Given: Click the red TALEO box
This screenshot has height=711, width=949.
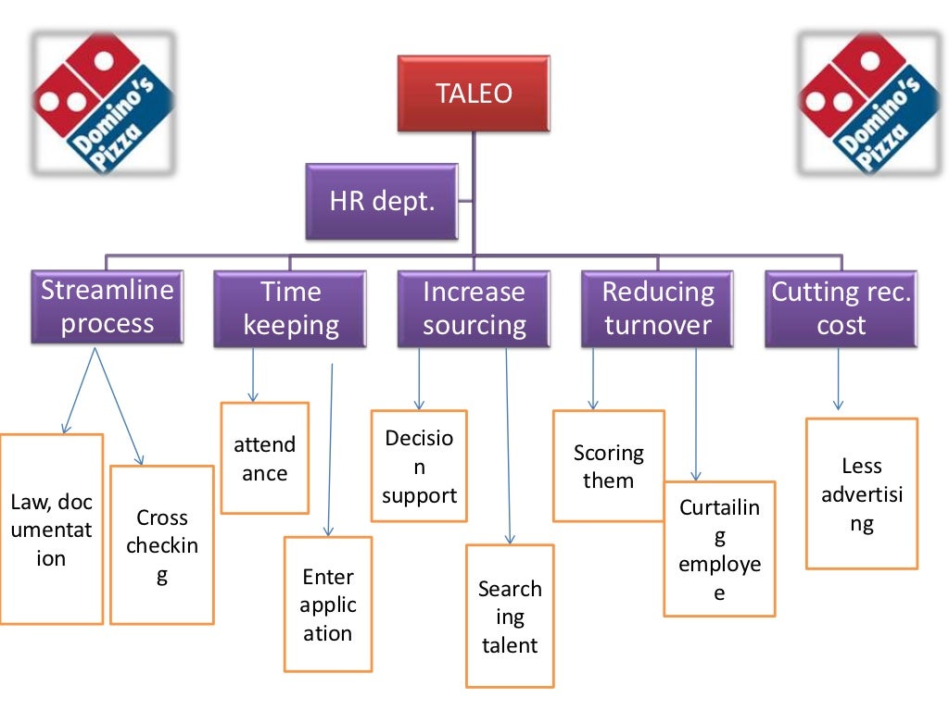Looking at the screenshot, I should coord(474,93).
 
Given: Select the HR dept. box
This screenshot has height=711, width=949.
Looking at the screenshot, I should coord(382,201).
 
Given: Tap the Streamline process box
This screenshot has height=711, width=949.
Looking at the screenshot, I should coord(107,307).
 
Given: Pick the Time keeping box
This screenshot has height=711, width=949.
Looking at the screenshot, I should coord(290,308).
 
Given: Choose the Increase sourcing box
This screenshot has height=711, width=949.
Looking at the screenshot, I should coord(474,308).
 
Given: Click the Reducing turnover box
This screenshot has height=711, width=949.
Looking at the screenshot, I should coord(658,308).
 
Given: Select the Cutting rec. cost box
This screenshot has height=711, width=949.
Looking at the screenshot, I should coord(841,308).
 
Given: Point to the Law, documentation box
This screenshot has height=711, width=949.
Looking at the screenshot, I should coord(51,530).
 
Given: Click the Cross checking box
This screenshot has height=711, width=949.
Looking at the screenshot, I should coord(161,544).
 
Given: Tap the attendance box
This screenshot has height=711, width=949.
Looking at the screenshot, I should coord(264,458).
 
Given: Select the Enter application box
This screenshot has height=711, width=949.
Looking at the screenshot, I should coord(327,605).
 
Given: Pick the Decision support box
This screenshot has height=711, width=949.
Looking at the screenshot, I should coord(419,466).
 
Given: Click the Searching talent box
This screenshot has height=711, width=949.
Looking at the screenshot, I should coord(509,616).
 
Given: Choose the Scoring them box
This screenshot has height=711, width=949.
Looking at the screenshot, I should coord(608,466).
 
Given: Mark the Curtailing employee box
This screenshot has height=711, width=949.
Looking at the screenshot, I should coord(719,549).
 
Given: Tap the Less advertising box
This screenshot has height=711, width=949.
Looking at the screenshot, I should coord(861,493).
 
